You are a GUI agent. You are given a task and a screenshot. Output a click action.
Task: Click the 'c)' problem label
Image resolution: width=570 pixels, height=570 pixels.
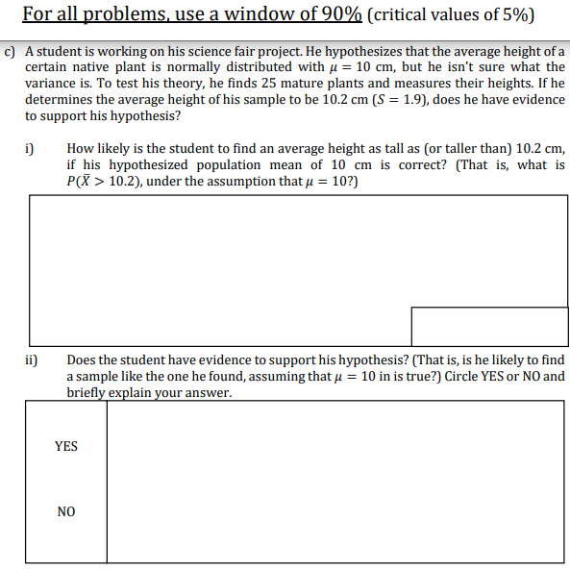10,50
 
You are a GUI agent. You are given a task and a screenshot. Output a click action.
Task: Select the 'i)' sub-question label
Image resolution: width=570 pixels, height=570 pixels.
30,148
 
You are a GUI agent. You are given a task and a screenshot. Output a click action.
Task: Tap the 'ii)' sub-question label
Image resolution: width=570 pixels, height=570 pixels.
32,359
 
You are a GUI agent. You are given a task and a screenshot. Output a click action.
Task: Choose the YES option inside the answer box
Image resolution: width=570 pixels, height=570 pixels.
66,446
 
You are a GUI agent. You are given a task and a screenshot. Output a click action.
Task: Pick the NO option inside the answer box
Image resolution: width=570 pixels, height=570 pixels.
66,512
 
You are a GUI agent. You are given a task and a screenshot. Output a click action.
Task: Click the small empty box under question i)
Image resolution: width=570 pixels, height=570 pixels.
488,326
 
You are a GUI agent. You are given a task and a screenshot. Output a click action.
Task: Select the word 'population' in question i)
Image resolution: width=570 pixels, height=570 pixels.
248,164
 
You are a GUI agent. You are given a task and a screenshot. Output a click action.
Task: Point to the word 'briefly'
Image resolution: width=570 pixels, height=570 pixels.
89,392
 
